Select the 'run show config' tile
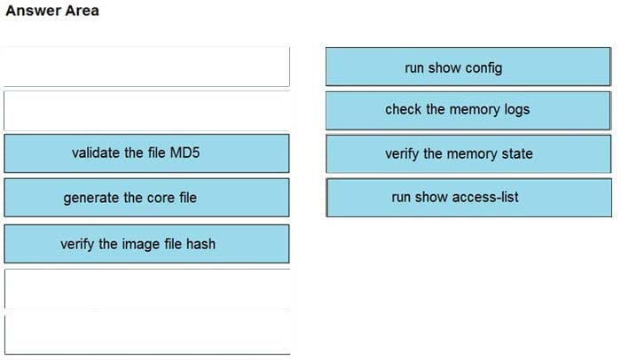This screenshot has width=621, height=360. tap(468, 67)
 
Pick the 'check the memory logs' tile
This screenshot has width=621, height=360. tap(468, 110)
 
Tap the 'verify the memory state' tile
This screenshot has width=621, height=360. tap(468, 153)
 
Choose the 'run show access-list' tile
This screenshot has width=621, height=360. tap(468, 197)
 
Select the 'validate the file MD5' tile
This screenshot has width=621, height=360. tap(146, 153)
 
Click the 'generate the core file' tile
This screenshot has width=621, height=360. tap(146, 197)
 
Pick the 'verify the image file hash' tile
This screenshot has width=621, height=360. tap(146, 243)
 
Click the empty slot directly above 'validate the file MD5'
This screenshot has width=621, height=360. tap(146, 111)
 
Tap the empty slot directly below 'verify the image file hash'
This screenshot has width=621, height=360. tap(146, 288)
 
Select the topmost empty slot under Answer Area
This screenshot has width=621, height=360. tap(146, 67)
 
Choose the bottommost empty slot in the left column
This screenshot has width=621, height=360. tap(146, 333)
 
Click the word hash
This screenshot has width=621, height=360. tap(200, 244)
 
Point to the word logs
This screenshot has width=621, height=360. tap(515, 110)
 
